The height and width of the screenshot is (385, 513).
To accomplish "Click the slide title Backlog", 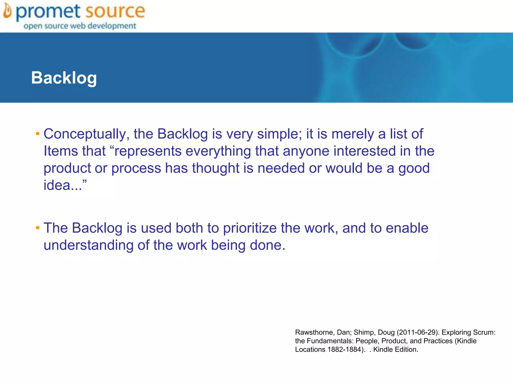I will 64,78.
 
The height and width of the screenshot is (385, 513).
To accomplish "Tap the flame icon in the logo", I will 7,12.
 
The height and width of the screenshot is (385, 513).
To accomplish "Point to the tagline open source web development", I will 80,26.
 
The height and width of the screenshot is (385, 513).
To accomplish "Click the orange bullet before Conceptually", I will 38,134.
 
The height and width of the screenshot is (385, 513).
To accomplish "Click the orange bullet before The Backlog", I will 38,228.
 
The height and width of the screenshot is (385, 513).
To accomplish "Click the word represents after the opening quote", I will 148,151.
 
